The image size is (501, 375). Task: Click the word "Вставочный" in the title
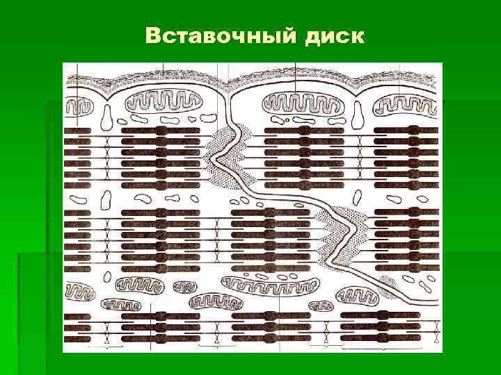click(x=221, y=35)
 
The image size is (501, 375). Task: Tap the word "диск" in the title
click(x=334, y=35)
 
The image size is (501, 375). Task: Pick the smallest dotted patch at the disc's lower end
click(x=387, y=283)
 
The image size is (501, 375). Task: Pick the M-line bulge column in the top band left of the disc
click(x=161, y=153)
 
